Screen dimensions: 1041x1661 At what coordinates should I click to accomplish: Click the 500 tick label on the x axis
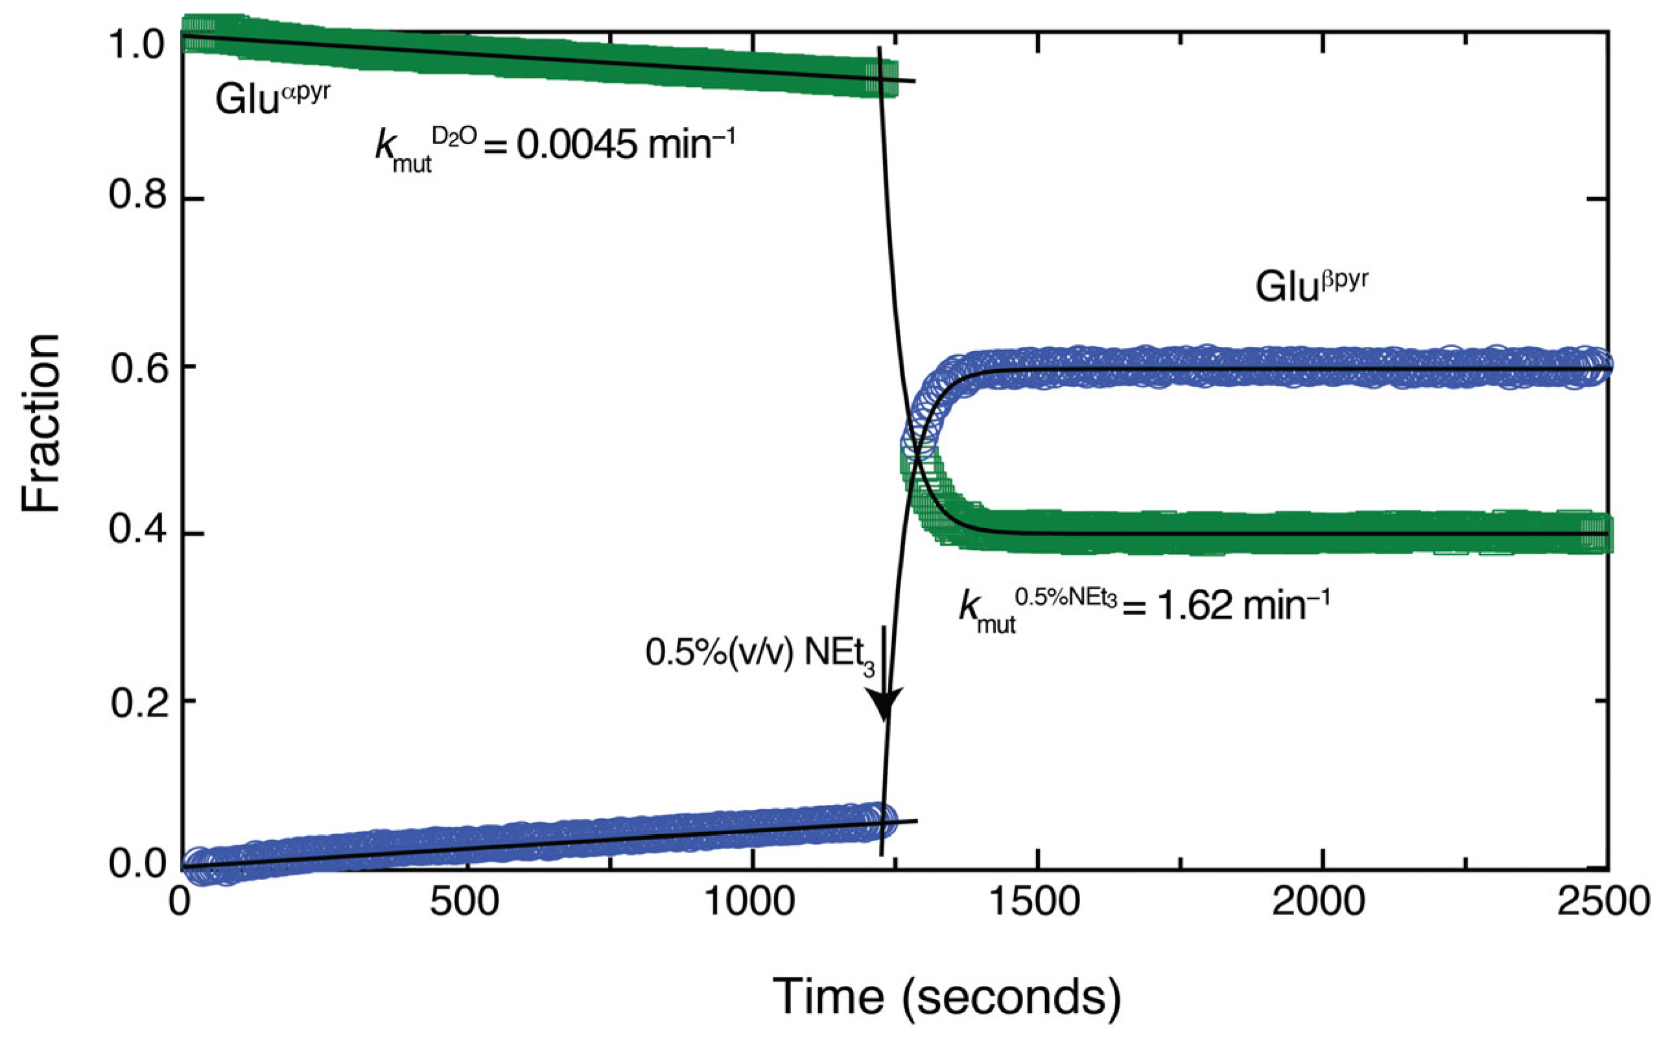coord(465,902)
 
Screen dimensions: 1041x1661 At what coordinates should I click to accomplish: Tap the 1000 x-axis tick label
coord(751,902)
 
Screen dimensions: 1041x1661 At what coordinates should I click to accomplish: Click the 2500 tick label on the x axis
coord(1603,902)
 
